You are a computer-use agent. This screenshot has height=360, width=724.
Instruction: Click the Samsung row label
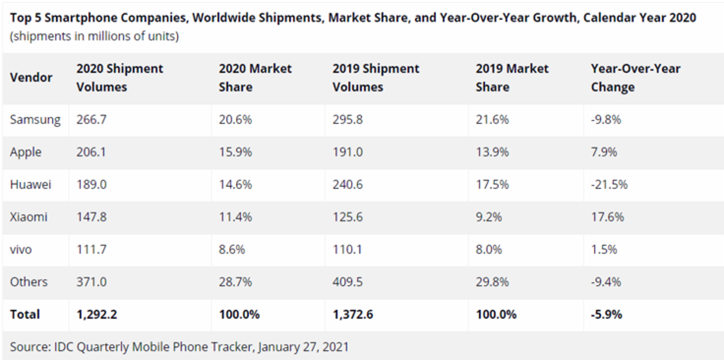tap(35, 120)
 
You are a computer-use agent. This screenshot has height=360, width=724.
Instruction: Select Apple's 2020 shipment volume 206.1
tap(91, 152)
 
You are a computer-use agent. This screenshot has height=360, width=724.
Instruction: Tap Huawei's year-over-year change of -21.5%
tap(609, 184)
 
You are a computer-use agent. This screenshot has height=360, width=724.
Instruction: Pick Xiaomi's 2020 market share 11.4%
tap(235, 217)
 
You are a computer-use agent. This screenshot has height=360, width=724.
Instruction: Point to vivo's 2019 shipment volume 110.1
tap(347, 249)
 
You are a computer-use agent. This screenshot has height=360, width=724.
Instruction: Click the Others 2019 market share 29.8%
tap(492, 282)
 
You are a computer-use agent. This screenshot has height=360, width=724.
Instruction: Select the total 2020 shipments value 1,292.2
tap(96, 314)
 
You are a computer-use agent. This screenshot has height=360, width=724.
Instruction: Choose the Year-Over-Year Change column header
tap(635, 78)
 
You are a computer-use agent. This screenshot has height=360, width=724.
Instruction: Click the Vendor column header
tap(31, 77)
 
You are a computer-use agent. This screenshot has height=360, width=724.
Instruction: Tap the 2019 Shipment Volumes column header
tap(376, 78)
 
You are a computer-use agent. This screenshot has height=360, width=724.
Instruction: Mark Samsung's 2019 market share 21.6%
tap(492, 120)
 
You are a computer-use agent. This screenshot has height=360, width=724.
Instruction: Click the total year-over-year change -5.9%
tap(606, 314)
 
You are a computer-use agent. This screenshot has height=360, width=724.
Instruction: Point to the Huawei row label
tap(30, 184)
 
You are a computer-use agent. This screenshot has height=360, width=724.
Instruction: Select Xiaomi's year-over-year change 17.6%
tap(607, 217)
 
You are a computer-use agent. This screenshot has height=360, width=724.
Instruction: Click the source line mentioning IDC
tap(179, 346)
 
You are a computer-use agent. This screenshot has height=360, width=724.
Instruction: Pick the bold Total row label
tap(25, 314)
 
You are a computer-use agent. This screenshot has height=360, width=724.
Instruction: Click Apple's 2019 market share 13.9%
tap(492, 152)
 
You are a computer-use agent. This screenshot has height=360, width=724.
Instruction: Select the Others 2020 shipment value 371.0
tap(91, 282)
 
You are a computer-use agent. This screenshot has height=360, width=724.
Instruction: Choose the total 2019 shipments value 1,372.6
tap(353, 314)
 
